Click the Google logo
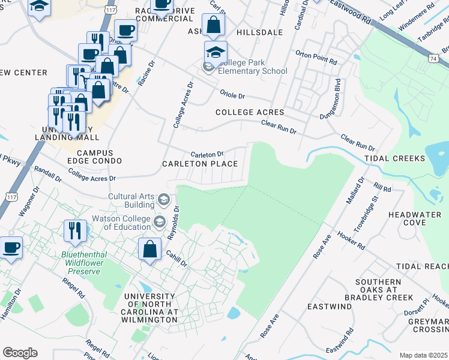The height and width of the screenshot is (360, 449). coord(20,353)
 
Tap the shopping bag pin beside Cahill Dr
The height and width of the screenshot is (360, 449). coord(150,248)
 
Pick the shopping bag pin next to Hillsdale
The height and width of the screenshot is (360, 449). coord(213,25)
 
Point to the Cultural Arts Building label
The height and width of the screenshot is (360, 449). coord(131,200)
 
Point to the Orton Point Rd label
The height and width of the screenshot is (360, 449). coord(316,53)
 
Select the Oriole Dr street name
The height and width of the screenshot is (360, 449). coord(233,95)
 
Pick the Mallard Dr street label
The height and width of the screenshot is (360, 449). coord(354,191)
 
